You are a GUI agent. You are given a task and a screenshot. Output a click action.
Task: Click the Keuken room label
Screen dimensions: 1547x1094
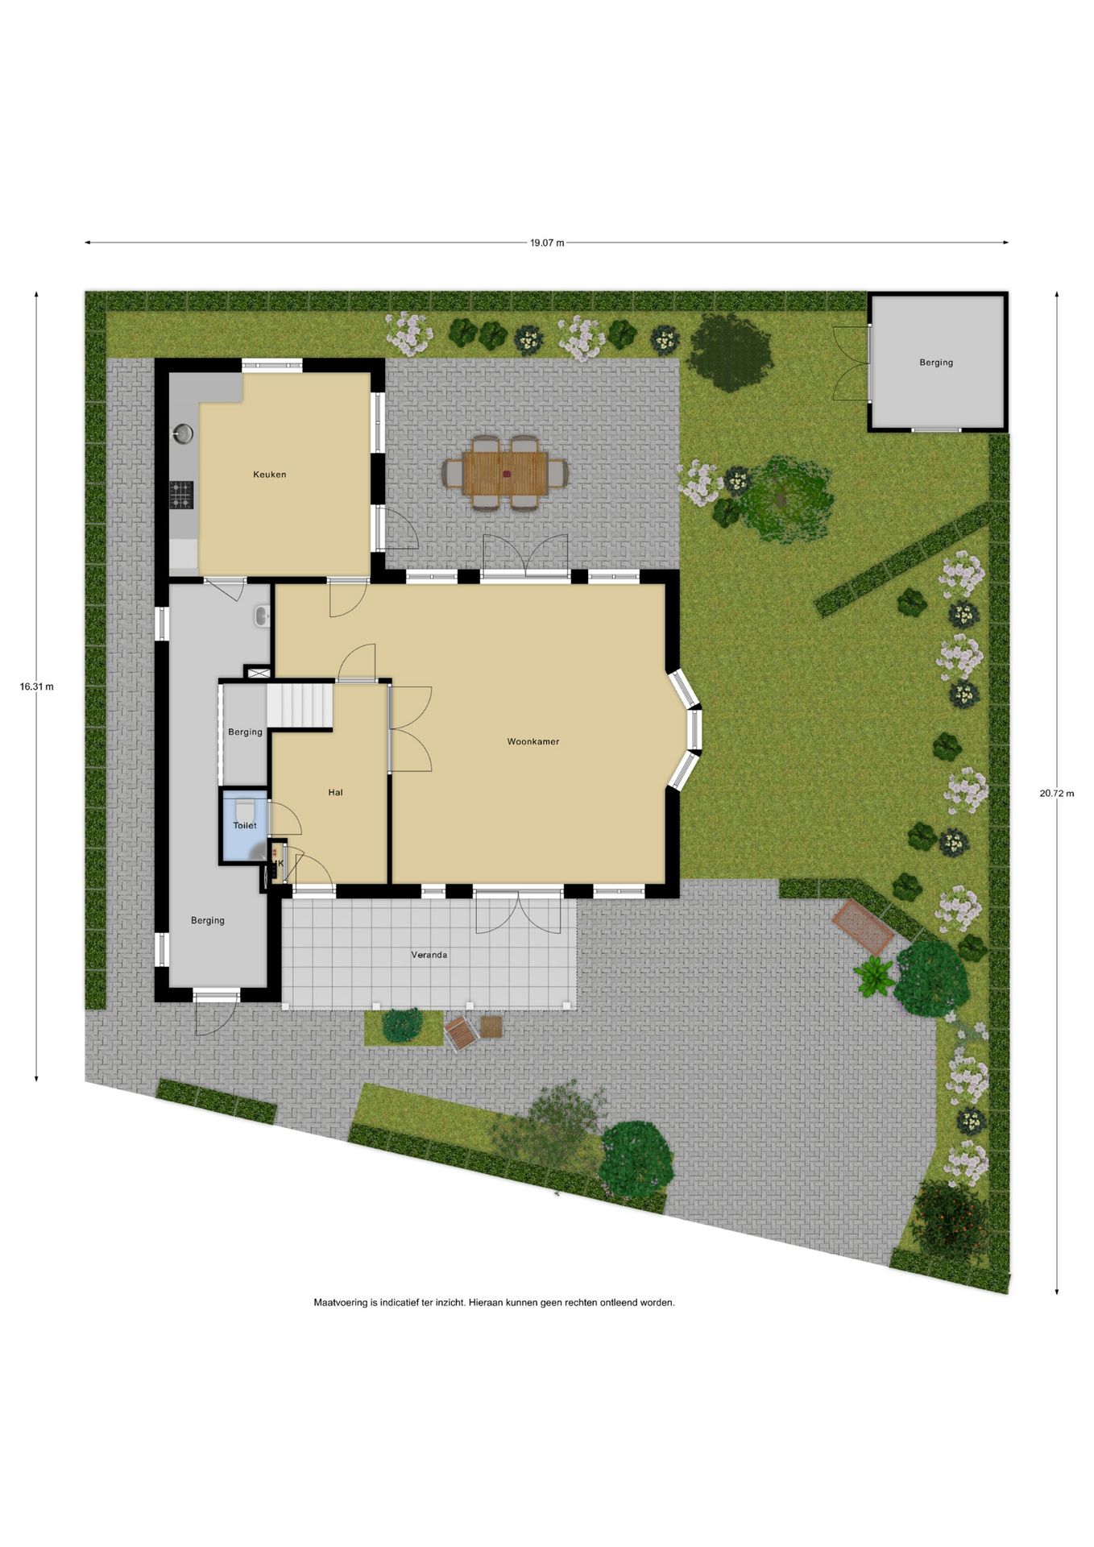pos(269,475)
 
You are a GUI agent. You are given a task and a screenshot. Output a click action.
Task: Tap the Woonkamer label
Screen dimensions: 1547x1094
pos(532,741)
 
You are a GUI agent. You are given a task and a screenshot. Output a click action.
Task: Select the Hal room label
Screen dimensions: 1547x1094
pos(335,793)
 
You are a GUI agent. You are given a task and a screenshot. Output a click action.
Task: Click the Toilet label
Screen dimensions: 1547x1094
pos(245,826)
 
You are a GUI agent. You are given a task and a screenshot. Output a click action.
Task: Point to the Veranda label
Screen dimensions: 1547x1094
pos(429,955)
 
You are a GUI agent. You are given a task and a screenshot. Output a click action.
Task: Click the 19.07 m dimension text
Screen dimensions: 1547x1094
pos(547,243)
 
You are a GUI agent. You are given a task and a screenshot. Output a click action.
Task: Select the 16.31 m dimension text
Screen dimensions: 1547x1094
pos(37,686)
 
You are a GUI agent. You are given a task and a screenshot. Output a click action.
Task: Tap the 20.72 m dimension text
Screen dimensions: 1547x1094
pos(1056,793)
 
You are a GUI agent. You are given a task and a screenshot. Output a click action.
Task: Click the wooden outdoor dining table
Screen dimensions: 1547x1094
pos(505,473)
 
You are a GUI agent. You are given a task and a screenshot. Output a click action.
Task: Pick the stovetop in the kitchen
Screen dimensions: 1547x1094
pos(181,495)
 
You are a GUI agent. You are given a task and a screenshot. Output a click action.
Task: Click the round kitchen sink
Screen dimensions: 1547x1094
pos(184,433)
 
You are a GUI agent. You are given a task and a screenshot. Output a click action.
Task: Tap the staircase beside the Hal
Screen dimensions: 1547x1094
pos(300,704)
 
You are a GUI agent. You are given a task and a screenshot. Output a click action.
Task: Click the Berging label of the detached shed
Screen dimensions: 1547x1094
pos(936,363)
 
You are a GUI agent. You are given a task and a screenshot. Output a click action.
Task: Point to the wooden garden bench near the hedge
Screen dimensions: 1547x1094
pos(863,927)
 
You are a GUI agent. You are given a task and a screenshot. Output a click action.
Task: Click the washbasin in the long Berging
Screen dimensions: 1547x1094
pos(262,616)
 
